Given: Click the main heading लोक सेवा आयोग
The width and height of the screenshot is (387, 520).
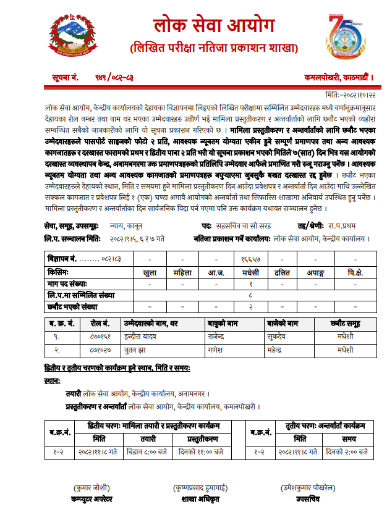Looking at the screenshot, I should (x=213, y=27).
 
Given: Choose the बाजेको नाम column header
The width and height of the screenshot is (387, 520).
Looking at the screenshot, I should (x=281, y=323).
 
